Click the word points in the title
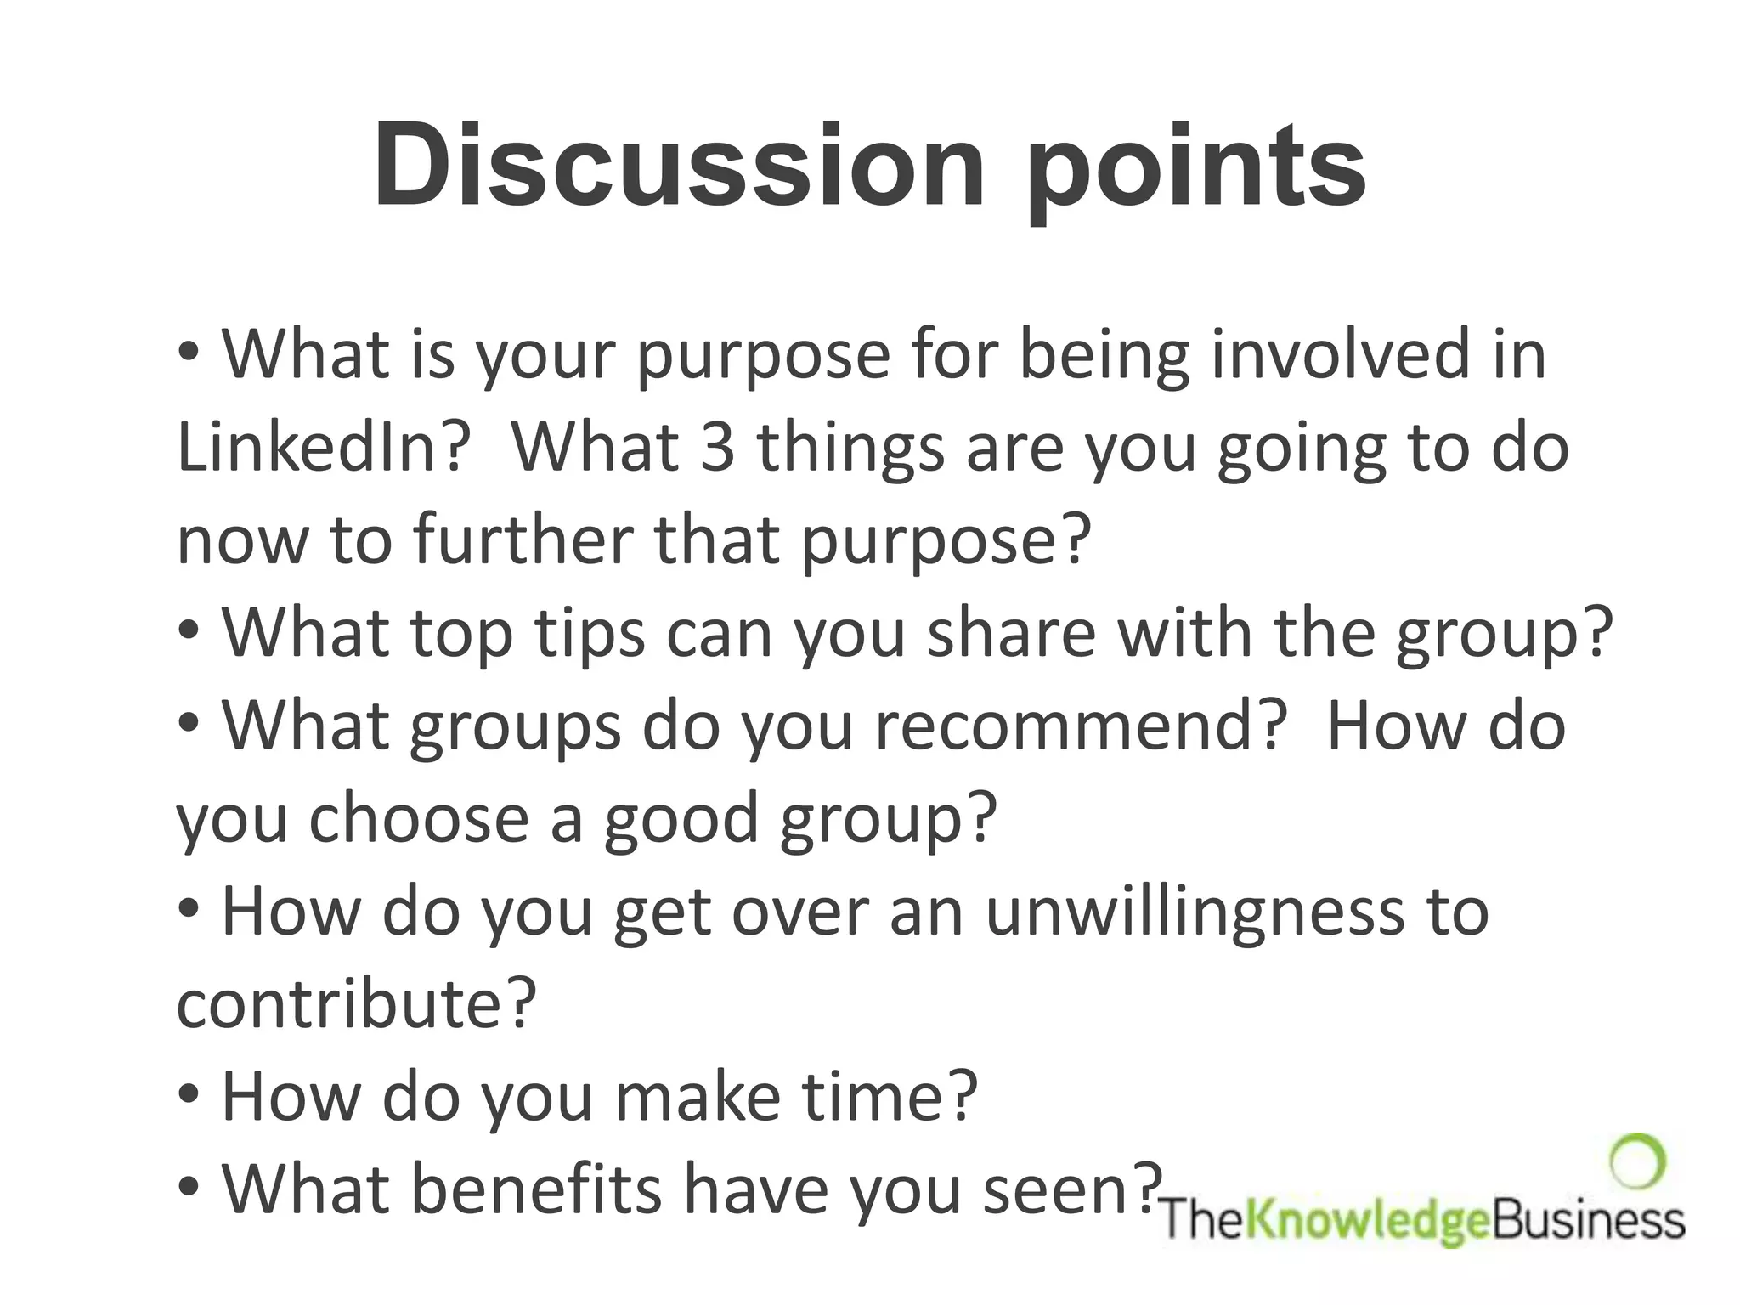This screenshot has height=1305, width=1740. tap(1195, 170)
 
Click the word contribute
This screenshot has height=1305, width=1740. tap(356, 1003)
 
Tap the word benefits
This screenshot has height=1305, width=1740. tap(536, 1189)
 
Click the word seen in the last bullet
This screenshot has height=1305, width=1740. tap(1071, 1189)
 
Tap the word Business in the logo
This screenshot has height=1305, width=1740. tap(1589, 1222)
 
